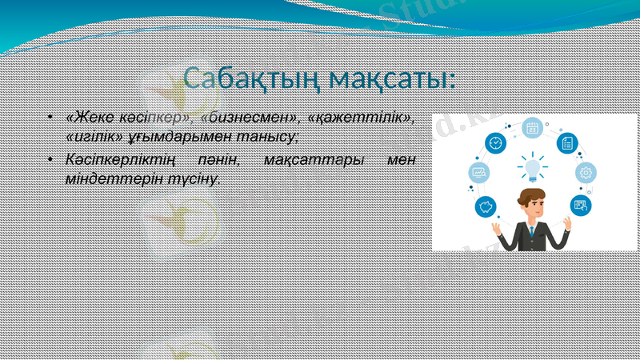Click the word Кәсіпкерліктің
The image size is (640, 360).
coord(120,161)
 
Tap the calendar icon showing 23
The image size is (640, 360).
coord(532,128)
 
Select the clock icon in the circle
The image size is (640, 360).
coord(496,143)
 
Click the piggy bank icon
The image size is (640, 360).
coord(485,208)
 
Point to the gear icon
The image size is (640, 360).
coord(586,172)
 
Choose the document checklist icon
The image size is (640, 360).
coord(566,143)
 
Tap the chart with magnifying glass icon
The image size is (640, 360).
coord(480,172)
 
